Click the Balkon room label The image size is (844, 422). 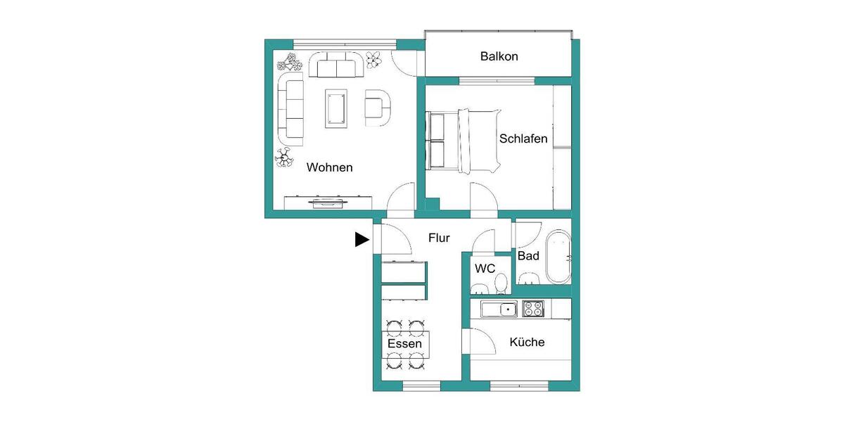499,56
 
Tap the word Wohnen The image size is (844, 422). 329,168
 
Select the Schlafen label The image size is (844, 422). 523,139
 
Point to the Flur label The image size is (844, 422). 439,238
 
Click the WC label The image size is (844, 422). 485,268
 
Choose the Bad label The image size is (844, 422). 528,256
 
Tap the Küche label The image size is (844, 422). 527,343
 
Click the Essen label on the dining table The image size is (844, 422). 405,344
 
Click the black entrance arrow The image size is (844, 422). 362,240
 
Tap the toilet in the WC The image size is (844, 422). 501,283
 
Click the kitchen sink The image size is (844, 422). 499,309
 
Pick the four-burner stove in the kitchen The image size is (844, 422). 533,309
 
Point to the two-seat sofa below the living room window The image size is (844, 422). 335,68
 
